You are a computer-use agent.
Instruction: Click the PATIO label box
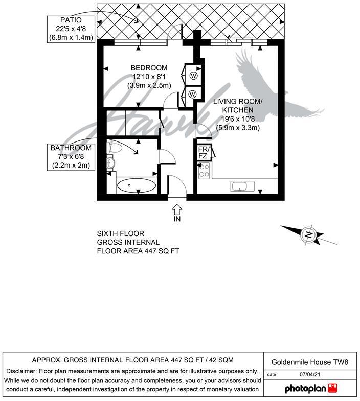tap(71, 29)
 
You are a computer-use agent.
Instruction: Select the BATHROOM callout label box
tap(71, 156)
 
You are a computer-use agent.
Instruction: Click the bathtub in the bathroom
tap(137, 185)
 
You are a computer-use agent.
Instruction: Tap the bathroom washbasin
tap(111, 163)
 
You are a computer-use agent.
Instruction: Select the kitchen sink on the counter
tap(239, 186)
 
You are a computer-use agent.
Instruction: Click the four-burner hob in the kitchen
tap(204, 171)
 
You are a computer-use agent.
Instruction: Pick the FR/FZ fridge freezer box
tap(203, 152)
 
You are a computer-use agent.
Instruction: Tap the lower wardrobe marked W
tap(192, 94)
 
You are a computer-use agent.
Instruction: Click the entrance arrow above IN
tap(177, 208)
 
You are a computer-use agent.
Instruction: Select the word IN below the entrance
tap(177, 219)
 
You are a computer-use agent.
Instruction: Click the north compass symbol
tap(308, 234)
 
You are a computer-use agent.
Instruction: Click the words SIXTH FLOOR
tap(121, 233)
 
